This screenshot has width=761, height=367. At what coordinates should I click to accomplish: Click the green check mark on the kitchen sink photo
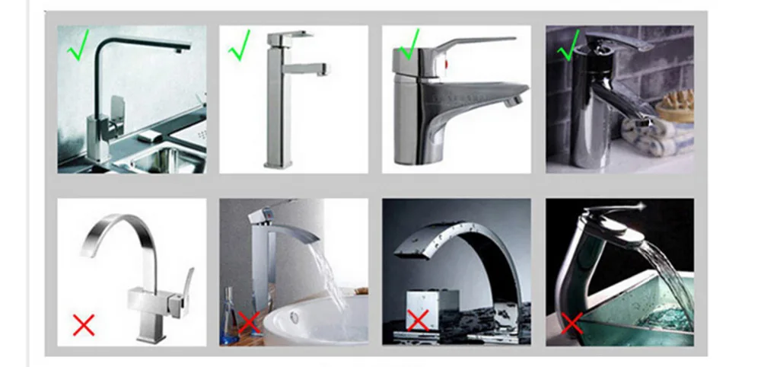79,49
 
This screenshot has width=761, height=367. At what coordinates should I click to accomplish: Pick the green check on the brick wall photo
569,48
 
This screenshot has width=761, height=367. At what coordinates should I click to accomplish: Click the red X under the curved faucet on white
84,325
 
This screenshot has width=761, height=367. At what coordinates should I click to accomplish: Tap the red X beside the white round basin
248,321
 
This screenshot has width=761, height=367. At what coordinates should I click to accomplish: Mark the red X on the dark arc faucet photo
417,320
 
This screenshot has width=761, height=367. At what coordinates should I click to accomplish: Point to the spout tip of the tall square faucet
326,72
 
